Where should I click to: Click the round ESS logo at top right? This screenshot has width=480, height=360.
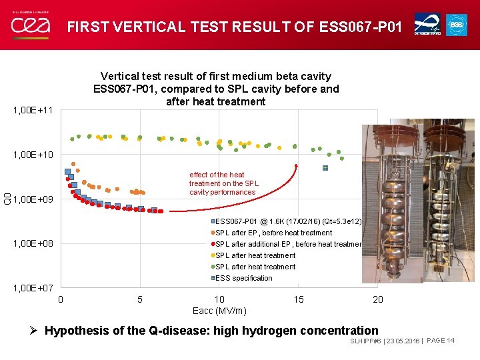point(457,25)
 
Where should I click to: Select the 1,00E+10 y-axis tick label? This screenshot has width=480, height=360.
point(33,155)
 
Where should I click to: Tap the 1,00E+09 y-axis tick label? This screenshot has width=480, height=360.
point(33,199)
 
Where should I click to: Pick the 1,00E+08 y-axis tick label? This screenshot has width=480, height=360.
point(33,243)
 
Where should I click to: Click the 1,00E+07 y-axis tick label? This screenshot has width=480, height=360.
point(33,288)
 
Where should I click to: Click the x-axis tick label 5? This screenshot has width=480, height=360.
point(139,299)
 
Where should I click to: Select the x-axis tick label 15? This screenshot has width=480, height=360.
point(299,299)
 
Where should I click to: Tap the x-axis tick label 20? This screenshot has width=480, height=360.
point(378,299)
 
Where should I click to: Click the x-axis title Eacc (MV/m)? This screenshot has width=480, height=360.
point(219,311)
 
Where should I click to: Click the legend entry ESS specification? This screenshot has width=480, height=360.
point(243,278)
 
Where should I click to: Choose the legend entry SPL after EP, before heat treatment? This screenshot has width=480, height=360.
point(273,233)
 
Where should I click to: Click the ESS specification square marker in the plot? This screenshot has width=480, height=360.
point(325,168)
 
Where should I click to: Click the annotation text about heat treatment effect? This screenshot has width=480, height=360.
point(223,183)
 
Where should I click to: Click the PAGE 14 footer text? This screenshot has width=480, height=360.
point(441,341)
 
